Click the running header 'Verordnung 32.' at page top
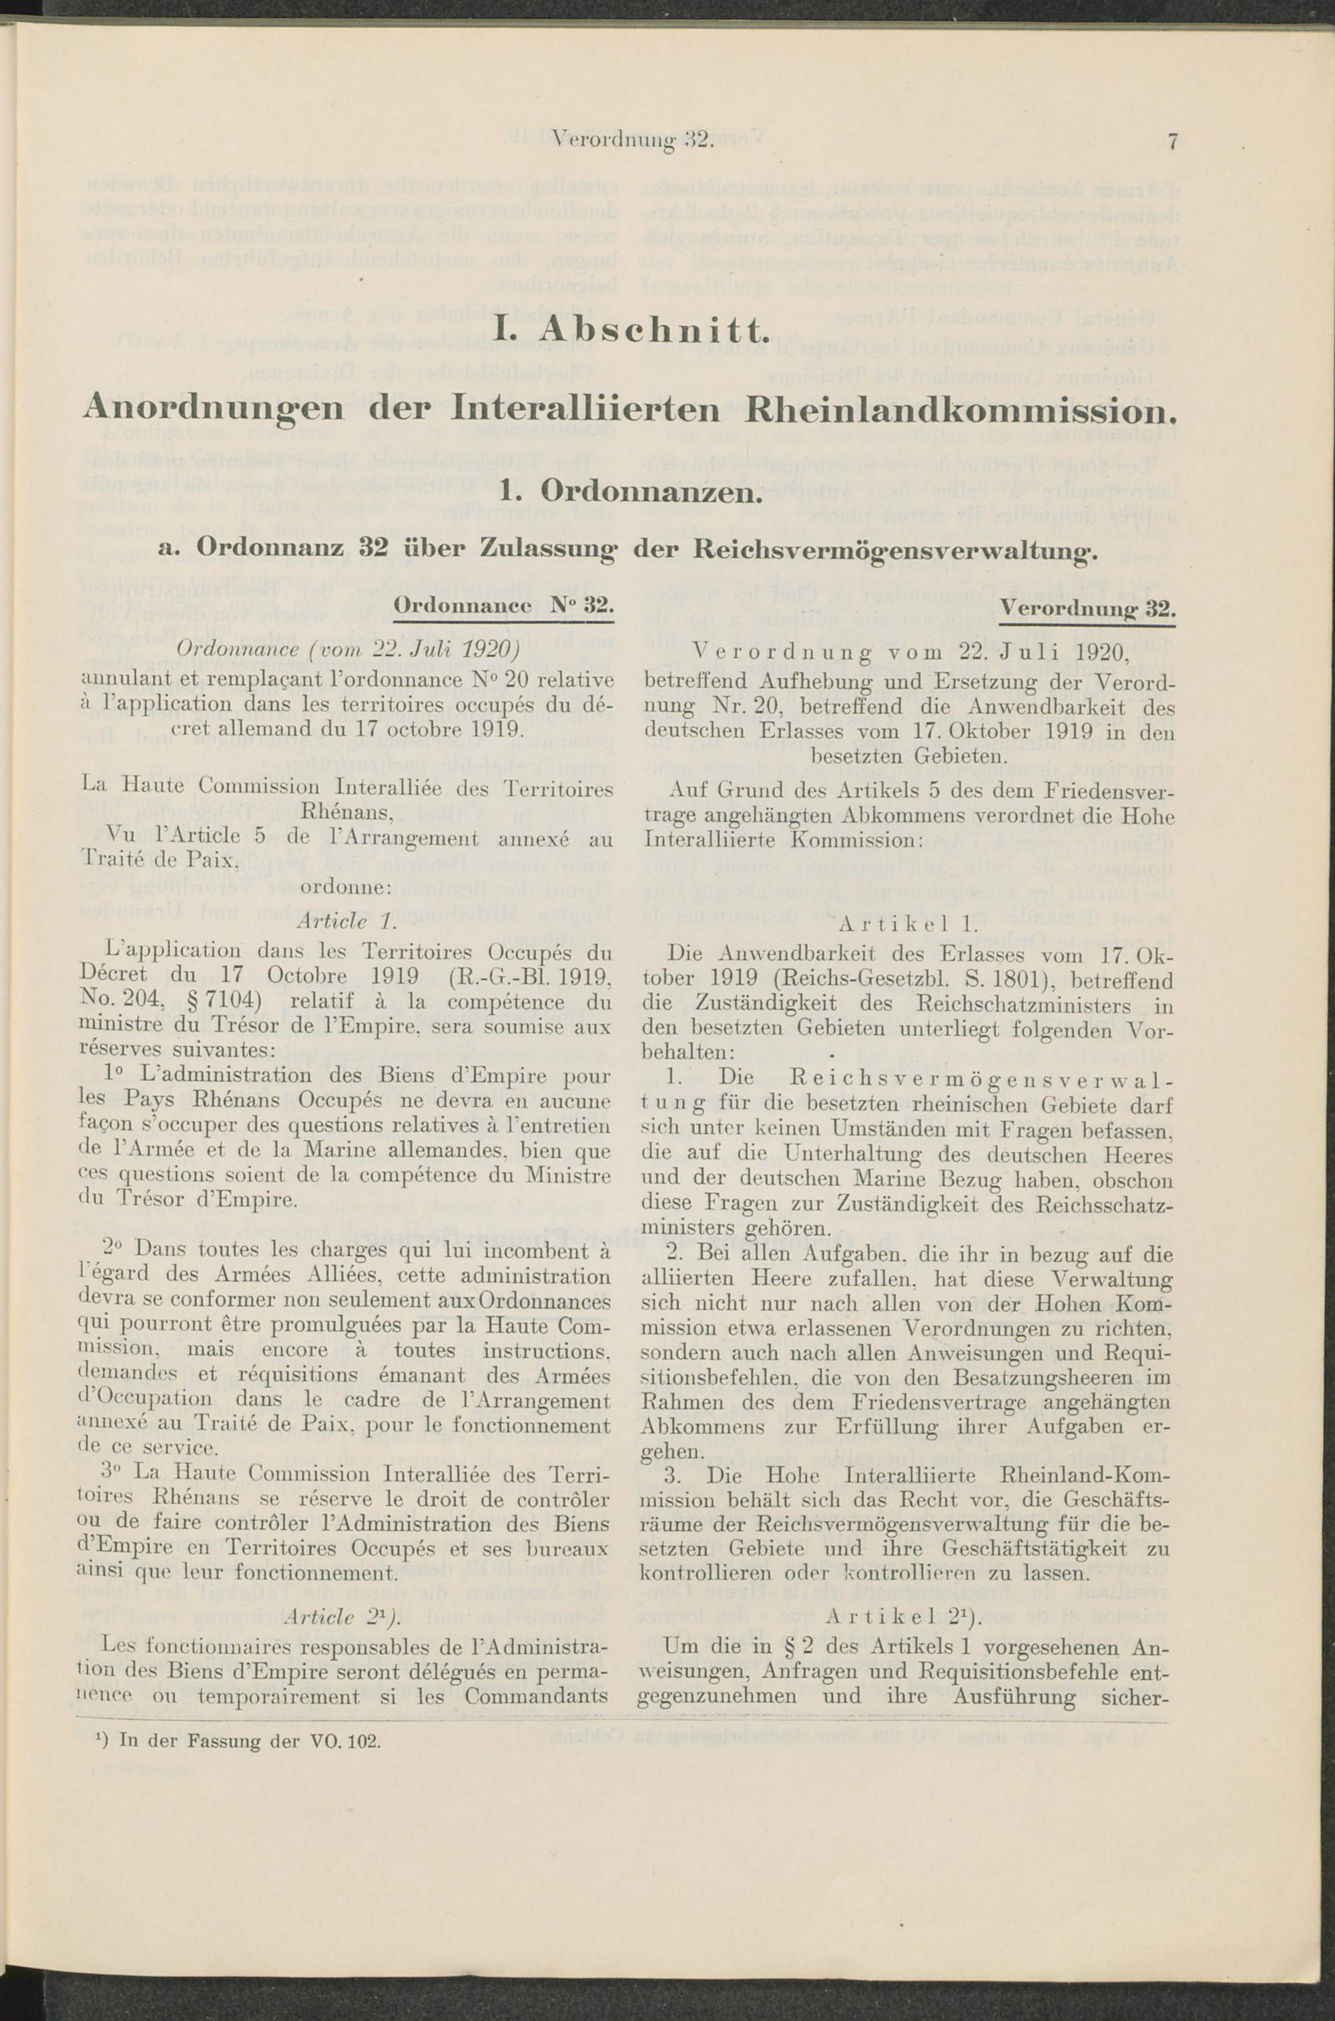(x=630, y=140)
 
